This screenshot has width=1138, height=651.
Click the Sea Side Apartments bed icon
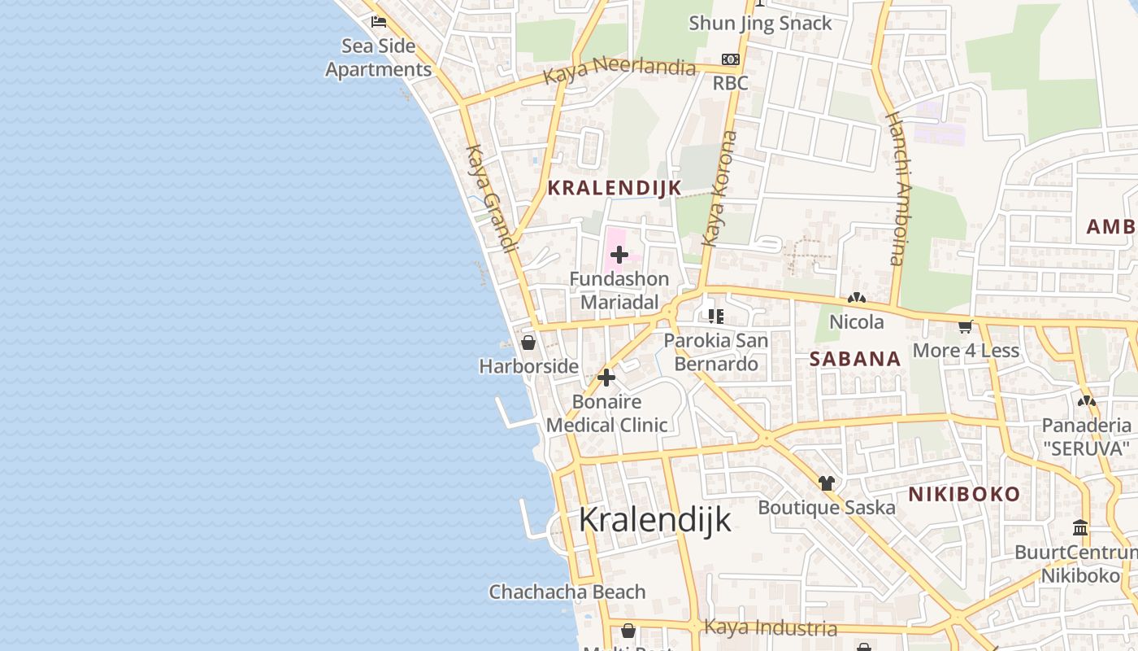(x=378, y=21)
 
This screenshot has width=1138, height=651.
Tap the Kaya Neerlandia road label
(x=619, y=68)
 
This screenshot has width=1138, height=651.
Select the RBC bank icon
(x=730, y=59)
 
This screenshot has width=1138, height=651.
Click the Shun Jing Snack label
(x=760, y=23)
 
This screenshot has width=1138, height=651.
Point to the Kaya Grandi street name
(x=491, y=199)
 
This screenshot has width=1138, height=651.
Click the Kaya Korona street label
(x=719, y=189)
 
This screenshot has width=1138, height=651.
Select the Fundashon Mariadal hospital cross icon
(x=619, y=255)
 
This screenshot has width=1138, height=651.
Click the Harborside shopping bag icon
(x=528, y=343)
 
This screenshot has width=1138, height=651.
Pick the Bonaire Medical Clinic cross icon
(x=606, y=378)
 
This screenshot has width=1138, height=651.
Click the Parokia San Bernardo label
(x=716, y=352)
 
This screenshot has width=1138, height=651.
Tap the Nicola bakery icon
(x=856, y=299)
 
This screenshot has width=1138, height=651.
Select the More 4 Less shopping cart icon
(x=966, y=327)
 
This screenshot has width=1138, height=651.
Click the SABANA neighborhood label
(x=855, y=359)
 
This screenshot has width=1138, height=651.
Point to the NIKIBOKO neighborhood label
(x=963, y=494)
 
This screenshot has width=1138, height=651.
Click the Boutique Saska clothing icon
(x=827, y=483)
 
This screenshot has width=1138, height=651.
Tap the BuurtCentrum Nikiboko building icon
(x=1080, y=528)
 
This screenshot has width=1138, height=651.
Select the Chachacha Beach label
(x=567, y=592)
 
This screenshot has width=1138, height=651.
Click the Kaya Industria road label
(x=770, y=627)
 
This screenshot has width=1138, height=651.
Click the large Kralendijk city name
(x=655, y=520)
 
